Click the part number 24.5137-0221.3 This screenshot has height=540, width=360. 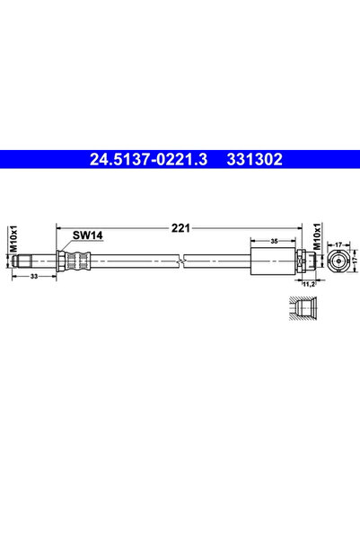148,159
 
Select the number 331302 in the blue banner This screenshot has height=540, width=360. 254,159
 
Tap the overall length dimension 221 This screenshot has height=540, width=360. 180,228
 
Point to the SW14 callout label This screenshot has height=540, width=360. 87,235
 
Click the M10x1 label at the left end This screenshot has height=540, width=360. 13,239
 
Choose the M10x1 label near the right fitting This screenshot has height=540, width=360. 317,236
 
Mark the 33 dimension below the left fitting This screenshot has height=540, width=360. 34,276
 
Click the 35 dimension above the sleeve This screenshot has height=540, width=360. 274,241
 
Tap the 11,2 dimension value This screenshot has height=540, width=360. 308,284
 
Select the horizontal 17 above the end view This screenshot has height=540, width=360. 338,244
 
